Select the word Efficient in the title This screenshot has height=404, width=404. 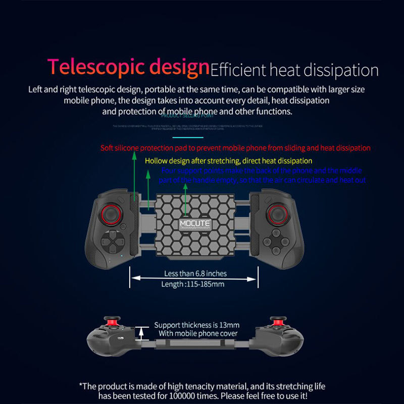(237, 70)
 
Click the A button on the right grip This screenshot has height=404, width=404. (276, 250)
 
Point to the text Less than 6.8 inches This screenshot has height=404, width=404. (195, 274)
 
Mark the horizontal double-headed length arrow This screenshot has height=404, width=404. (195, 278)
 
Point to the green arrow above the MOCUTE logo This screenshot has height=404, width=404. (186, 199)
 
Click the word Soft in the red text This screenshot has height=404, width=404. (108, 148)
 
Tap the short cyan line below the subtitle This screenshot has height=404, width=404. (188, 137)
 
